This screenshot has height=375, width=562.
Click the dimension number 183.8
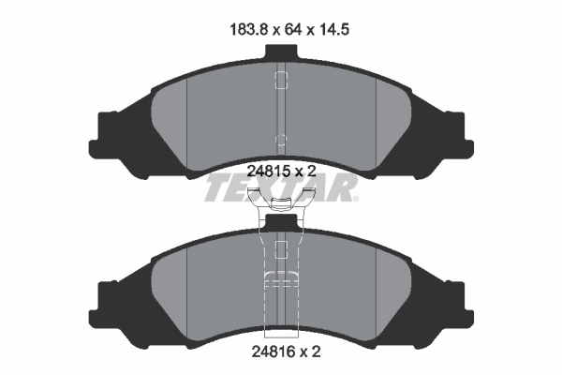248,29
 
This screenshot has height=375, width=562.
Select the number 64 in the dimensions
292,29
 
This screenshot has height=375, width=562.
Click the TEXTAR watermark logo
280,187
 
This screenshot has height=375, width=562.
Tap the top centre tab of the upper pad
281,52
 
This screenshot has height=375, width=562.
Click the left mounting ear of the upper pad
103,136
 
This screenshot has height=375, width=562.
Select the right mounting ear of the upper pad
460,136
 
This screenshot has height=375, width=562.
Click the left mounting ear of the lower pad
103,305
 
